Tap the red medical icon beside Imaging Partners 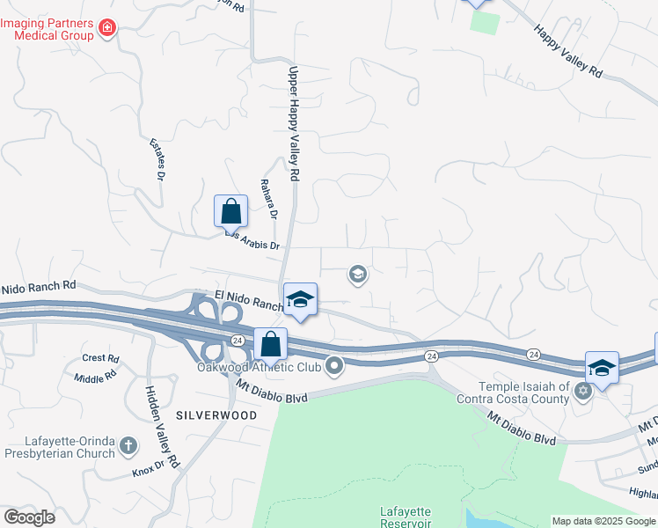point(107,28)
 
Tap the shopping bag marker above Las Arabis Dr point(230,211)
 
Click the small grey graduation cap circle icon point(357,275)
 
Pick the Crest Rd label point(100,358)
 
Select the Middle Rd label point(95,377)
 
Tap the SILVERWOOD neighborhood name point(216,414)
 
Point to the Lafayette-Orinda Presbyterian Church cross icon point(129,446)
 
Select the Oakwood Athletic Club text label point(259,368)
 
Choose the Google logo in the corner point(29,517)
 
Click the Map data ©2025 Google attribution point(603,521)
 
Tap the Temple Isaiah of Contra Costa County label point(524,393)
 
